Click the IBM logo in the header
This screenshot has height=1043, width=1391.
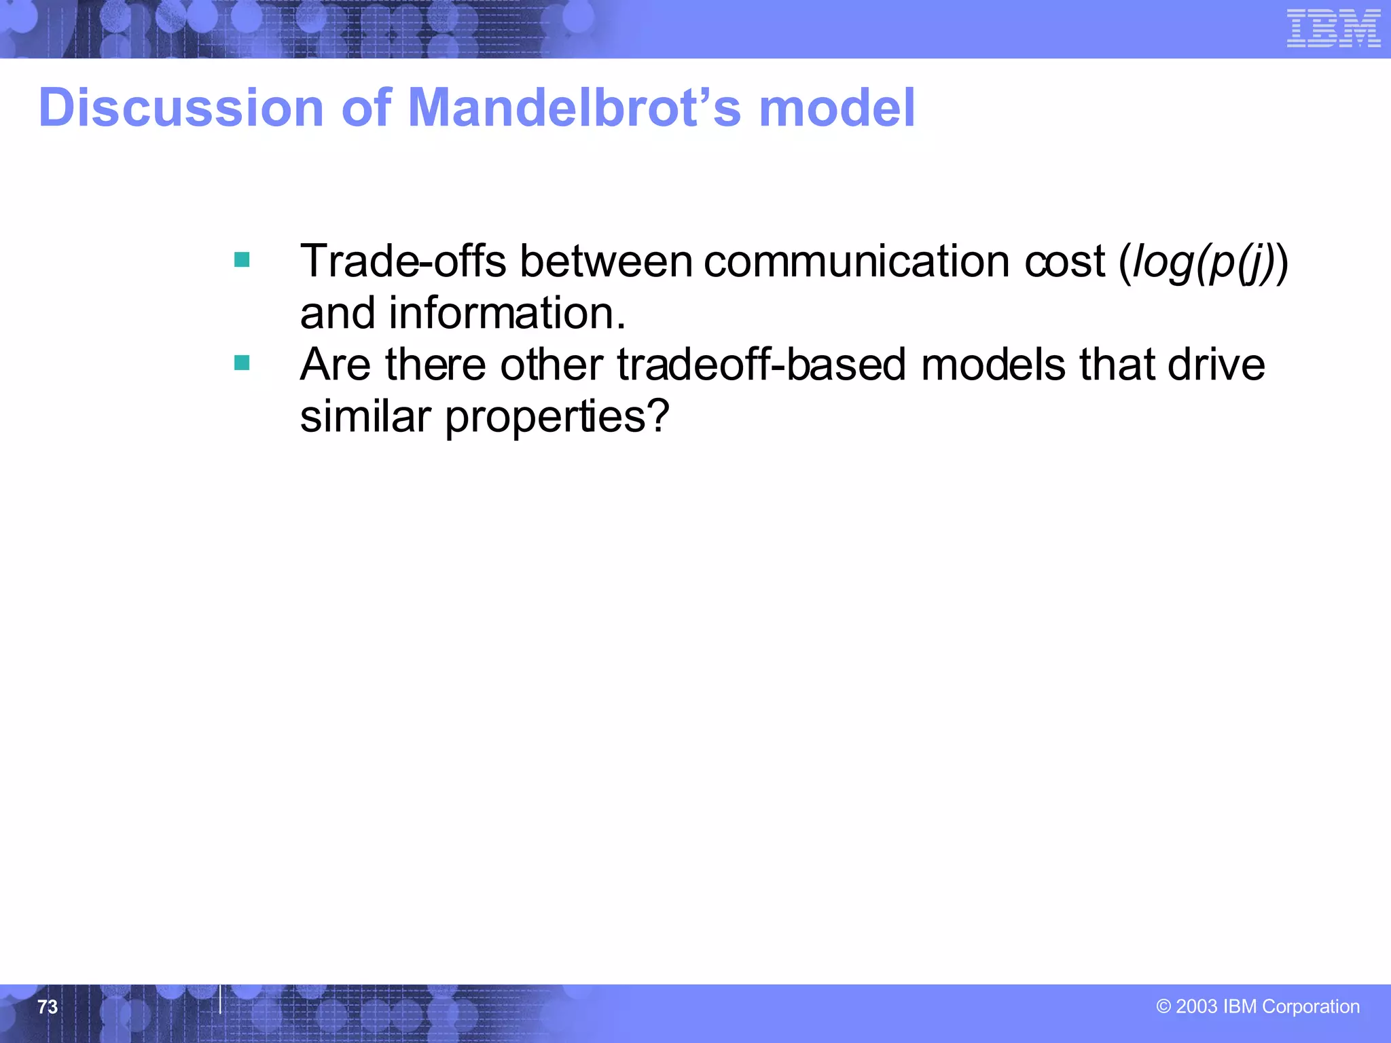pyautogui.click(x=1333, y=29)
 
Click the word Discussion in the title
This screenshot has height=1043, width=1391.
pyautogui.click(x=181, y=108)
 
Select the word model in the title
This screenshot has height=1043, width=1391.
pyautogui.click(x=837, y=108)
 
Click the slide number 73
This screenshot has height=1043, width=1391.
pyautogui.click(x=48, y=1006)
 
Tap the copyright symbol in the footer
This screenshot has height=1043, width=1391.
pyautogui.click(x=1163, y=1006)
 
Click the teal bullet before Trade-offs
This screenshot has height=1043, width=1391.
pyautogui.click(x=242, y=260)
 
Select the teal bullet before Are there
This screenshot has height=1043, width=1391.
pyautogui.click(x=242, y=363)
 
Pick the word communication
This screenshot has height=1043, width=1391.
pyautogui.click(x=856, y=261)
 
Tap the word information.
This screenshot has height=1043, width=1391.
pyautogui.click(x=506, y=313)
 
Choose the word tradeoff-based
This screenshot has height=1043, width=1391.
pyautogui.click(x=761, y=365)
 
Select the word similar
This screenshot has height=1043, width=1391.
pyautogui.click(x=365, y=416)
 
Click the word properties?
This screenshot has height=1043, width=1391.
pyautogui.click(x=557, y=418)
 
